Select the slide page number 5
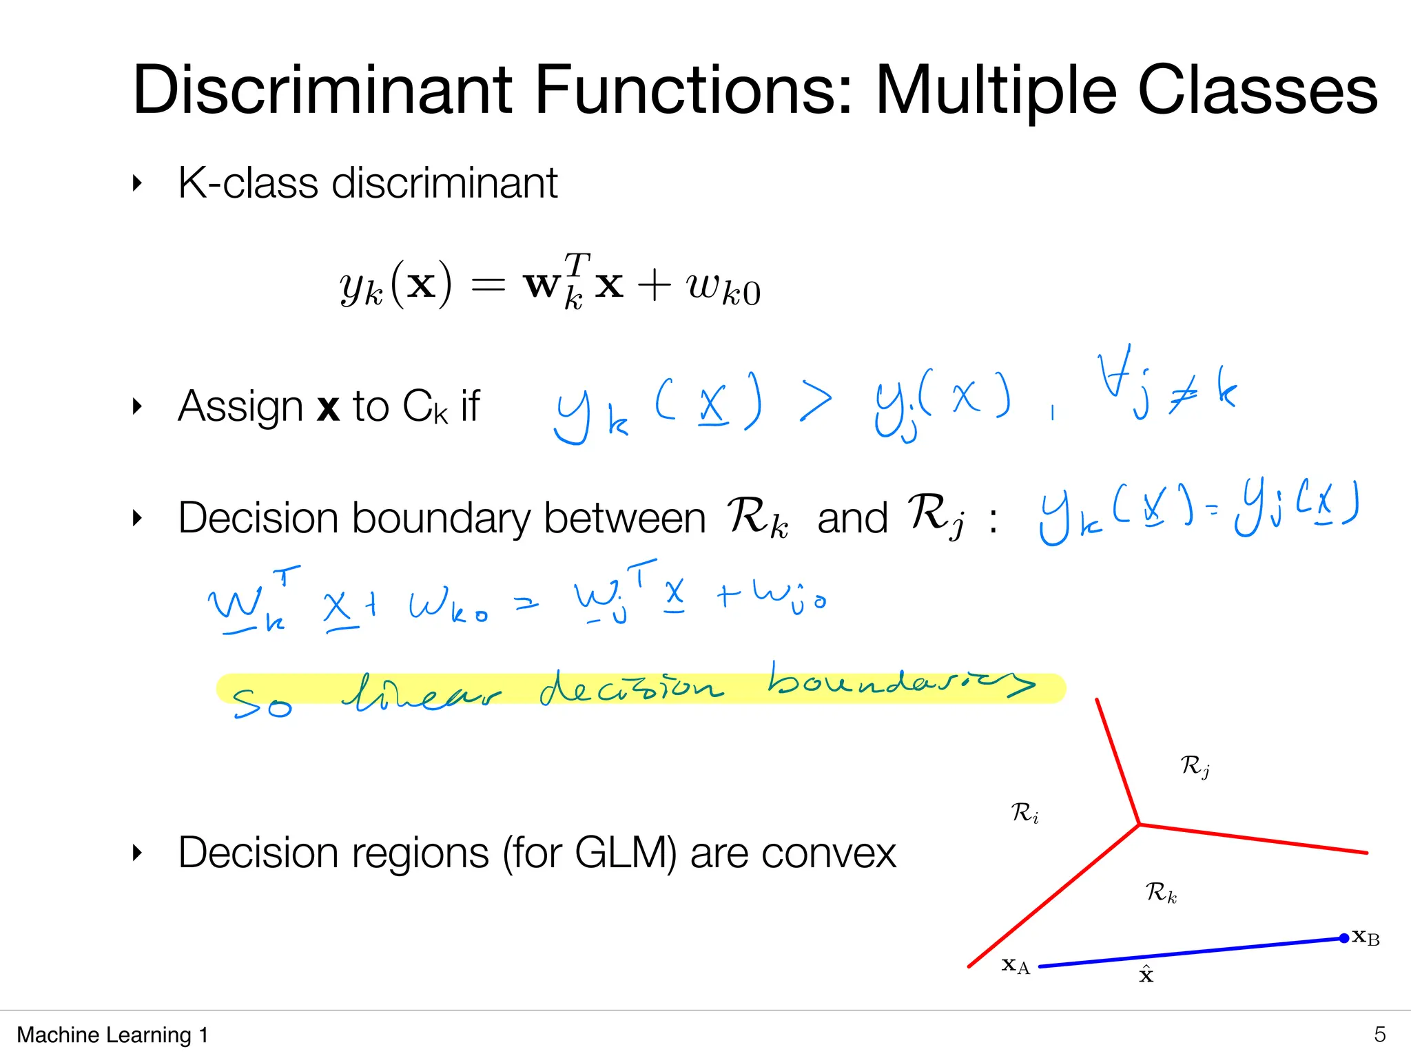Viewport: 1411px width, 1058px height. tap(1379, 1034)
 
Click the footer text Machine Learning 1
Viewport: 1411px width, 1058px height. tap(112, 1035)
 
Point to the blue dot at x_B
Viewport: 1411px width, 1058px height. tap(1343, 938)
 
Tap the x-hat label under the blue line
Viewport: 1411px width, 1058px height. tap(1146, 975)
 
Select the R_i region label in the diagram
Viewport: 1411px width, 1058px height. tap(1024, 813)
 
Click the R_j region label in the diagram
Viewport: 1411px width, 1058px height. tap(1195, 766)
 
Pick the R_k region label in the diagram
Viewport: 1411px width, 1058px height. tap(1161, 893)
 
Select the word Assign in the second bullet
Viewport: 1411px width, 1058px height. tap(240, 406)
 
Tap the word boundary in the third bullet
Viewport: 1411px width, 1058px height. tap(442, 518)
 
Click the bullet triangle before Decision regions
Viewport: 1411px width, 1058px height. tap(137, 853)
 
